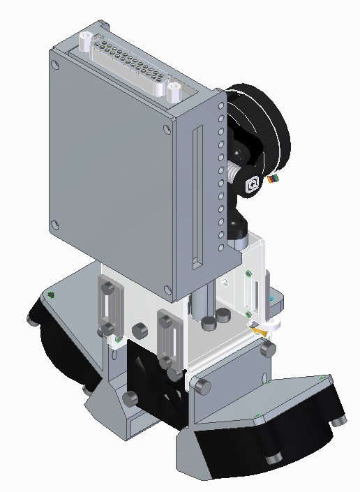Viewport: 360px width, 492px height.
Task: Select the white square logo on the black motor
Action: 253,185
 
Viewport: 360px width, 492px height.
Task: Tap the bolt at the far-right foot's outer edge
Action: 340,419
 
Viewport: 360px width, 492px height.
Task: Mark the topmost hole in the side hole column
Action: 221,105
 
